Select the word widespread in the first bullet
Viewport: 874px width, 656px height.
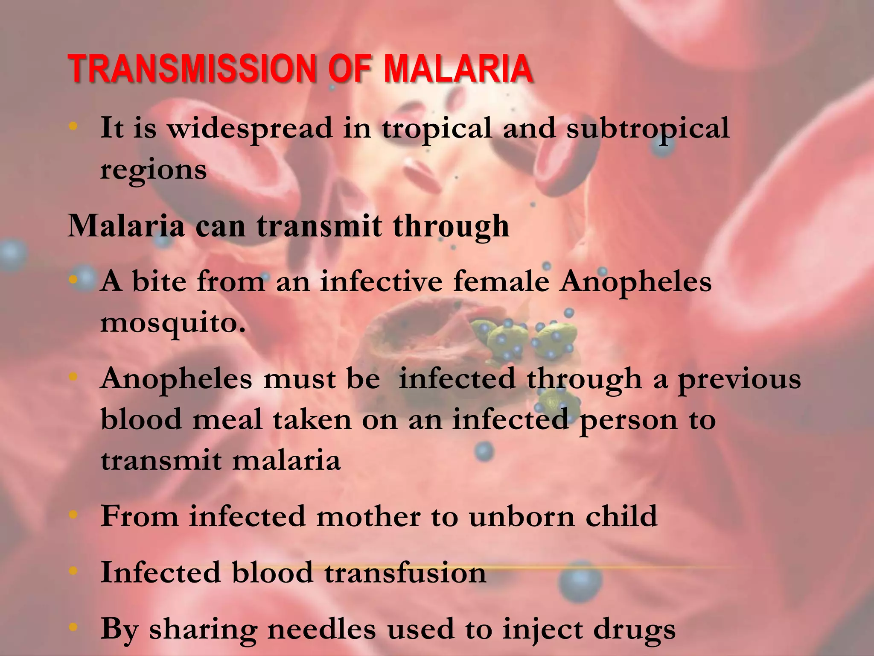(x=250, y=129)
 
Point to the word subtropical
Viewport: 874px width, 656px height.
(x=647, y=129)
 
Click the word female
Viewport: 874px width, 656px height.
(x=501, y=282)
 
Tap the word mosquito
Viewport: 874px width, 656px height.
(x=173, y=323)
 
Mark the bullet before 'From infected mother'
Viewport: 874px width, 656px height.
(x=73, y=515)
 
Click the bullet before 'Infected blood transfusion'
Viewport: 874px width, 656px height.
(x=73, y=571)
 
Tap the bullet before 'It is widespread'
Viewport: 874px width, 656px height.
(x=73, y=126)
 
